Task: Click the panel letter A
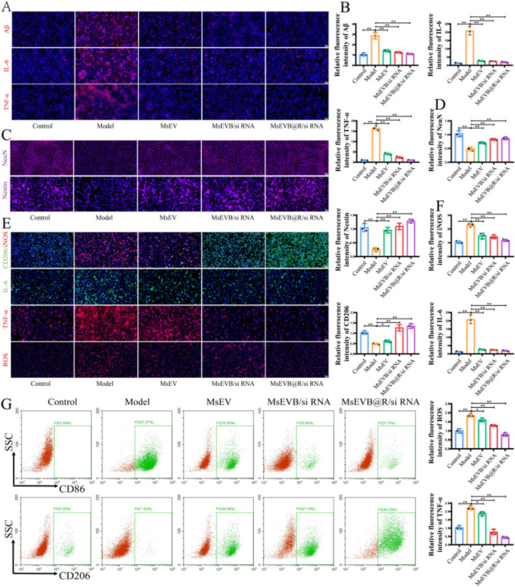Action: [x=4, y=5]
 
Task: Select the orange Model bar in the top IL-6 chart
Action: [x=471, y=48]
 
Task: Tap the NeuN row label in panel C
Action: [x=6, y=158]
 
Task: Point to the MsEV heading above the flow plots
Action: [x=219, y=402]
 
